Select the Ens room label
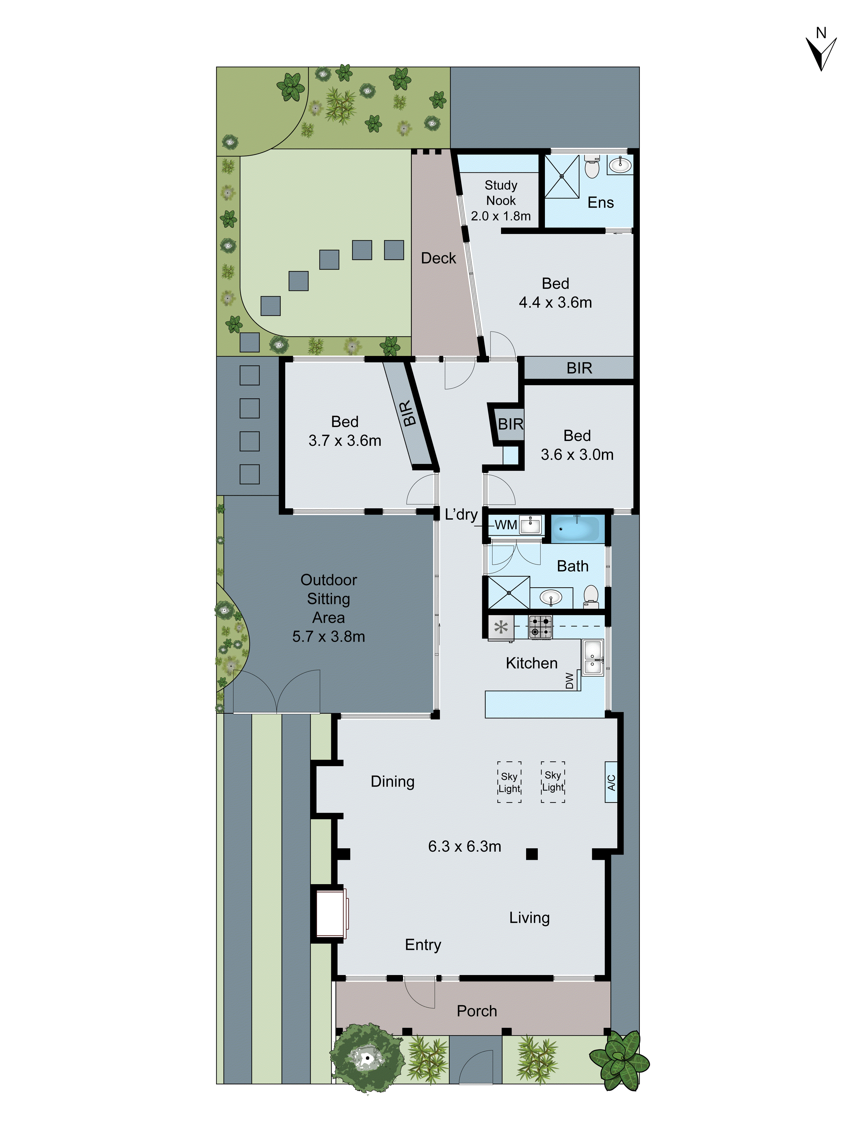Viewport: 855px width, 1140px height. coord(600,203)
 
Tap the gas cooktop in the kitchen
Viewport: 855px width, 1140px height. coord(540,627)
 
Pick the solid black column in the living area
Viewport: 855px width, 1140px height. coord(532,854)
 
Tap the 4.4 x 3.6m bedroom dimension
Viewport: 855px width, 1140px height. coord(555,302)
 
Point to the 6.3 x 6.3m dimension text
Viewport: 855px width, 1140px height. coord(464,846)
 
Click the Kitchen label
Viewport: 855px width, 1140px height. coord(531,663)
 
